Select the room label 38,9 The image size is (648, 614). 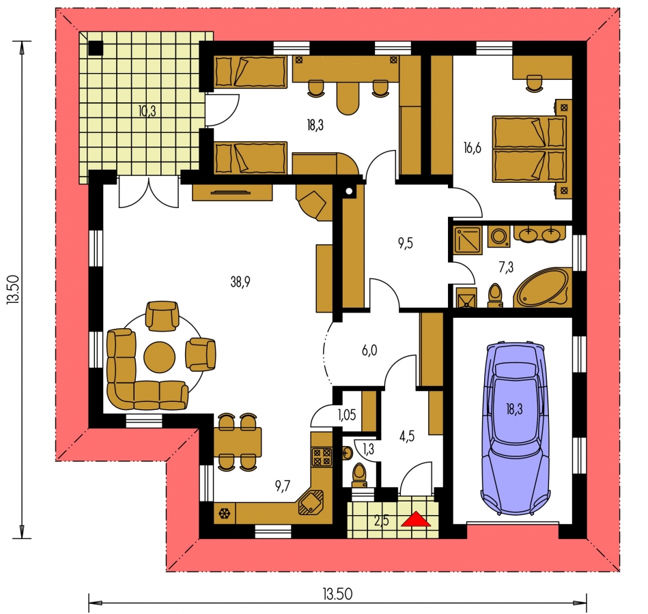click(240, 282)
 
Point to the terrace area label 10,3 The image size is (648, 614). click(147, 111)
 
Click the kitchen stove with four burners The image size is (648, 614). click(322, 457)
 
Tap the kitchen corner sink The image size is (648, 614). click(311, 501)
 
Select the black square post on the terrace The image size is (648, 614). click(96, 48)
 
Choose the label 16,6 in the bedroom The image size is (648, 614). click(473, 147)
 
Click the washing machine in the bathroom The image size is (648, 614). click(499, 237)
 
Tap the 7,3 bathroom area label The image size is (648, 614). click(506, 267)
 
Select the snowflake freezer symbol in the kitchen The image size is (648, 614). click(225, 514)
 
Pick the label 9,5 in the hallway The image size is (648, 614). click(406, 244)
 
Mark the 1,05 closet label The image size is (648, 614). click(346, 415)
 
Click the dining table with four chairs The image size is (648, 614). click(238, 442)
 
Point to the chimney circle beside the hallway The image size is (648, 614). click(349, 191)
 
